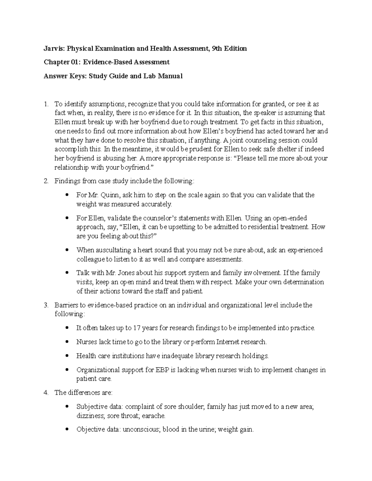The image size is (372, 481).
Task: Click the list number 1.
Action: point(46,104)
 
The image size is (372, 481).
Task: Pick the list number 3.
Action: point(46,305)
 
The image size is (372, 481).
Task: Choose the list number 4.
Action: point(46,393)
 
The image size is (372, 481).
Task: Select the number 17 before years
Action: point(137,328)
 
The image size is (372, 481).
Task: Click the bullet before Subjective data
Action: point(67,407)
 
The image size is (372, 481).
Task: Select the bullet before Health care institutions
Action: point(67,356)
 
